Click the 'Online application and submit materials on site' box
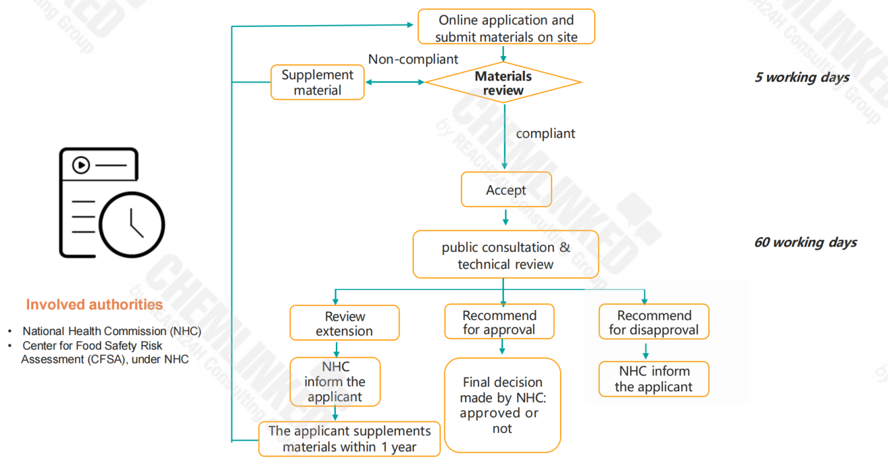click(506, 26)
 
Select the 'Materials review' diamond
click(503, 83)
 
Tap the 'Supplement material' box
click(317, 83)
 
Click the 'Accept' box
click(506, 190)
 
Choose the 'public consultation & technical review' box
click(505, 254)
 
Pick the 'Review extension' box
click(344, 323)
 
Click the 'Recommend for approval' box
click(499, 322)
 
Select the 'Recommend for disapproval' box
click(654, 322)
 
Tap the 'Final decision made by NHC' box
click(503, 405)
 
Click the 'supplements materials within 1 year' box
click(349, 439)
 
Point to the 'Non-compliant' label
click(413, 59)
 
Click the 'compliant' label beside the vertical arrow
click(545, 134)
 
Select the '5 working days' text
click(802, 77)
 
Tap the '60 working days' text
click(805, 242)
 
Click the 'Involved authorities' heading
click(95, 304)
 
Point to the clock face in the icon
click(132, 225)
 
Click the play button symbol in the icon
click(81, 165)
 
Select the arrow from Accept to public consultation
click(505, 217)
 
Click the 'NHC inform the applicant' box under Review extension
click(335, 381)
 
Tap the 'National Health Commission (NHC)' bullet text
click(112, 331)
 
